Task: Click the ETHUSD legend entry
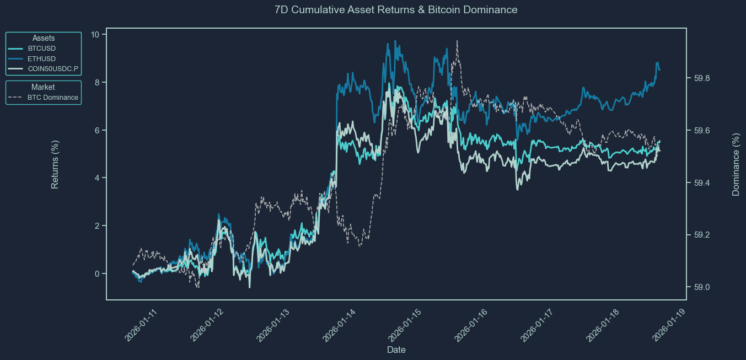tap(41, 58)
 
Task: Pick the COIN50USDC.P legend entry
tap(53, 69)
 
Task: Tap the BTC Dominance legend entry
tap(52, 98)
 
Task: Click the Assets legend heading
tap(44, 38)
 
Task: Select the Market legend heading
tap(43, 87)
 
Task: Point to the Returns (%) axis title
tap(55, 164)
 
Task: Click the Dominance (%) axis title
tap(736, 164)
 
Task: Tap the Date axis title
tap(396, 350)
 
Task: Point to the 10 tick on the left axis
tap(95, 35)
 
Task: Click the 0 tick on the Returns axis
tap(97, 274)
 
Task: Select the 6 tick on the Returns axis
tap(97, 131)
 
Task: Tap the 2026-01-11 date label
tap(141, 325)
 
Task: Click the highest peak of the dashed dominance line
tap(457, 41)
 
